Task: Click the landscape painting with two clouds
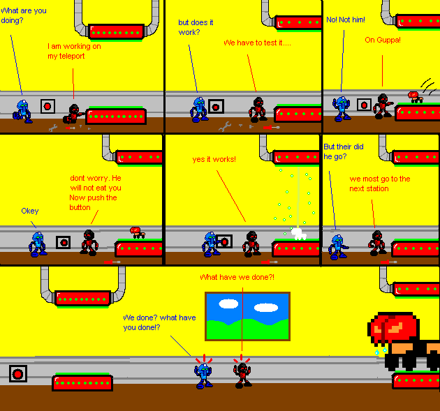click(x=247, y=316)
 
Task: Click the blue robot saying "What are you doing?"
click(x=23, y=111)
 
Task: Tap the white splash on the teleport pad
click(x=299, y=233)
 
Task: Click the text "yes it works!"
click(x=214, y=159)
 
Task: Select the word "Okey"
click(x=30, y=211)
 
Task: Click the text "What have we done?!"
click(x=237, y=277)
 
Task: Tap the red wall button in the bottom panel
click(x=18, y=374)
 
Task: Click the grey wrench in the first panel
click(x=52, y=128)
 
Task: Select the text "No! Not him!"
click(x=345, y=20)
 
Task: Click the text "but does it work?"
click(x=190, y=27)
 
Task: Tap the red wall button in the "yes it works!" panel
click(x=223, y=241)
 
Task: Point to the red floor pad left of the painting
click(x=82, y=382)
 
